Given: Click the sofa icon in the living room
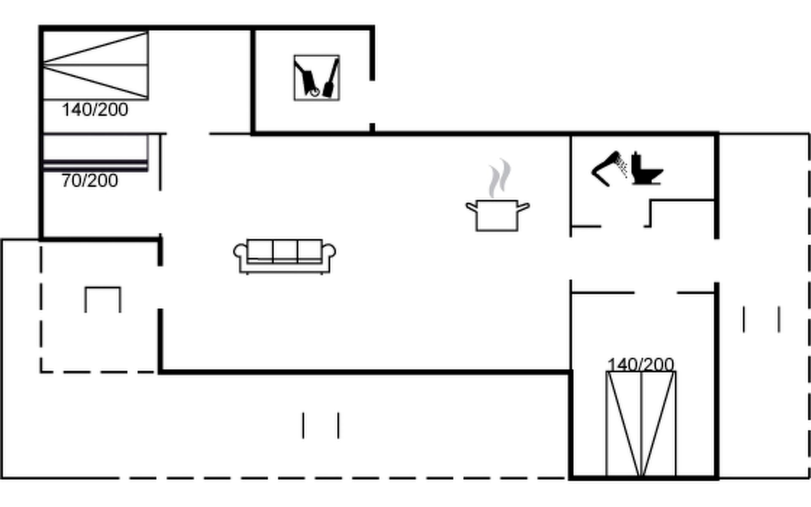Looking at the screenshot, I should (285, 256).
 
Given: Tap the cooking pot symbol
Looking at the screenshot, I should (497, 215).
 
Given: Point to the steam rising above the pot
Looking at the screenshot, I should (500, 177).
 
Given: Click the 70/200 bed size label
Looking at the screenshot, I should (90, 181).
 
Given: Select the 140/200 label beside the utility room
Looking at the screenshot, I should (95, 110).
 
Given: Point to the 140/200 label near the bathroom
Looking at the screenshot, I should (640, 364).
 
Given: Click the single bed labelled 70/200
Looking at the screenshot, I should (95, 152).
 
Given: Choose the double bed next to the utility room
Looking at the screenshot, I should (95, 65).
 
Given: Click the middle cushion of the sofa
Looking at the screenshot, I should (285, 250).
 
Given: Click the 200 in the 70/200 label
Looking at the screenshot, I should (103, 181).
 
